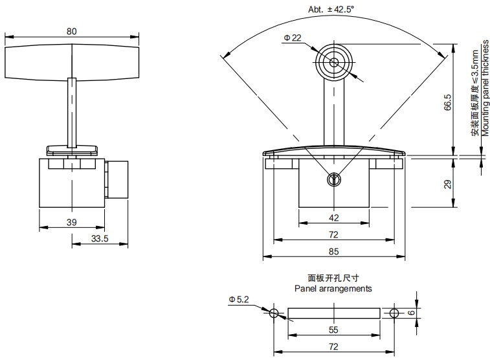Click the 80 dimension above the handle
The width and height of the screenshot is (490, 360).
click(x=71, y=30)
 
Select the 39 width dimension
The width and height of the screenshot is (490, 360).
click(x=71, y=222)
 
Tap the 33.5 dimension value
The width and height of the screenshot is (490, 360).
click(x=99, y=239)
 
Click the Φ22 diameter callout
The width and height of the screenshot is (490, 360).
click(x=291, y=38)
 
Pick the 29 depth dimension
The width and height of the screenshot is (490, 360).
click(x=447, y=185)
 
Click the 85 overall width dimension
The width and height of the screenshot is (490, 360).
click(x=333, y=251)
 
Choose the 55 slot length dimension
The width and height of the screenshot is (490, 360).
click(x=333, y=330)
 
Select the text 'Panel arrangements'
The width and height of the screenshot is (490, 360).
click(x=333, y=289)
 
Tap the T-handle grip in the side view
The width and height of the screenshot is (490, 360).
click(x=71, y=62)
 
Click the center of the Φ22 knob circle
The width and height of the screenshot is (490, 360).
click(x=334, y=62)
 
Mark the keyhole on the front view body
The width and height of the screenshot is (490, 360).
click(x=334, y=180)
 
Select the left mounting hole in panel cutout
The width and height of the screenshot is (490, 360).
click(x=274, y=313)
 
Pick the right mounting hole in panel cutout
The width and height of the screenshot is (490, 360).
click(x=394, y=313)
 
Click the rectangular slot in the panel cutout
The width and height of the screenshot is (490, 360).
click(x=333, y=313)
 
